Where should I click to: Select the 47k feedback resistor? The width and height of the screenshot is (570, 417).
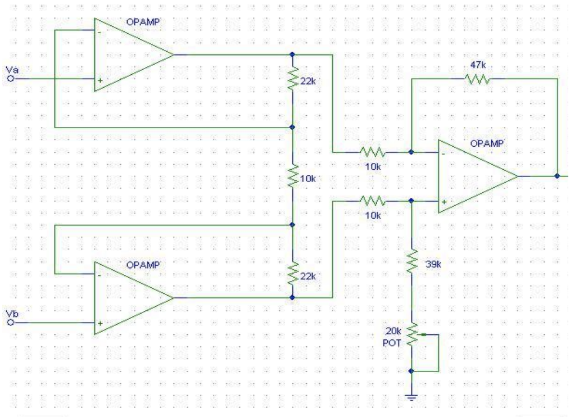(x=477, y=79)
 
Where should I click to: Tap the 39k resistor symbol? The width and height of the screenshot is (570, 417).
(x=412, y=262)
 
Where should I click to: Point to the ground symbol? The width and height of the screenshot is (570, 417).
(x=412, y=397)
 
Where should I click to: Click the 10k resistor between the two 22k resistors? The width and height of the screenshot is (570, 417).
(x=292, y=178)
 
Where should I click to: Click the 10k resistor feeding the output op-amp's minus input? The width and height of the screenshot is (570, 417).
(x=372, y=152)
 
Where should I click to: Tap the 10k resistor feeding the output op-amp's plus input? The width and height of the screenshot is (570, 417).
(x=372, y=200)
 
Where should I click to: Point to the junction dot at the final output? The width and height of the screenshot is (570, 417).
(x=557, y=175)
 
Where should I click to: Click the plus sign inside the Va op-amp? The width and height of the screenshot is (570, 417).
(x=100, y=80)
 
